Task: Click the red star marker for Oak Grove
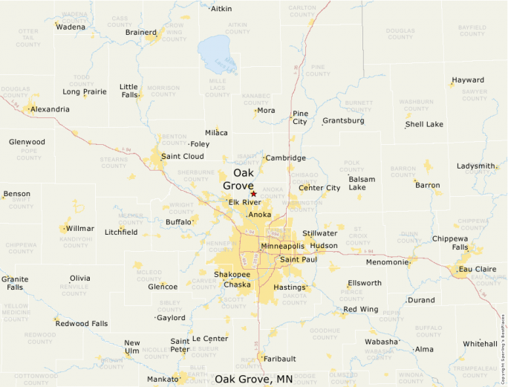coord(253,194)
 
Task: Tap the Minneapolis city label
coord(282,246)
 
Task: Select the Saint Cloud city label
coord(183,156)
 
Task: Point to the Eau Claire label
coord(478,268)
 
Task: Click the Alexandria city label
coord(51,109)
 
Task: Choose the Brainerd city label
coord(140,32)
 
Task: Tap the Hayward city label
coord(468,80)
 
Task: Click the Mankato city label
coord(162,379)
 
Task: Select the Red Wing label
coord(361,309)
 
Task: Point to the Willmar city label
coord(79,229)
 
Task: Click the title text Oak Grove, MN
coord(253,379)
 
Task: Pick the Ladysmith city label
coord(477,166)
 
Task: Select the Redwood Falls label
coord(82,324)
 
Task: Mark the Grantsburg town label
coord(343,120)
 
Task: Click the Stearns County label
coord(114,162)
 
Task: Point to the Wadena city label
coord(71,27)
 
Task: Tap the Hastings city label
coord(290,287)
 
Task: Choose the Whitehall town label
coord(480,344)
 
